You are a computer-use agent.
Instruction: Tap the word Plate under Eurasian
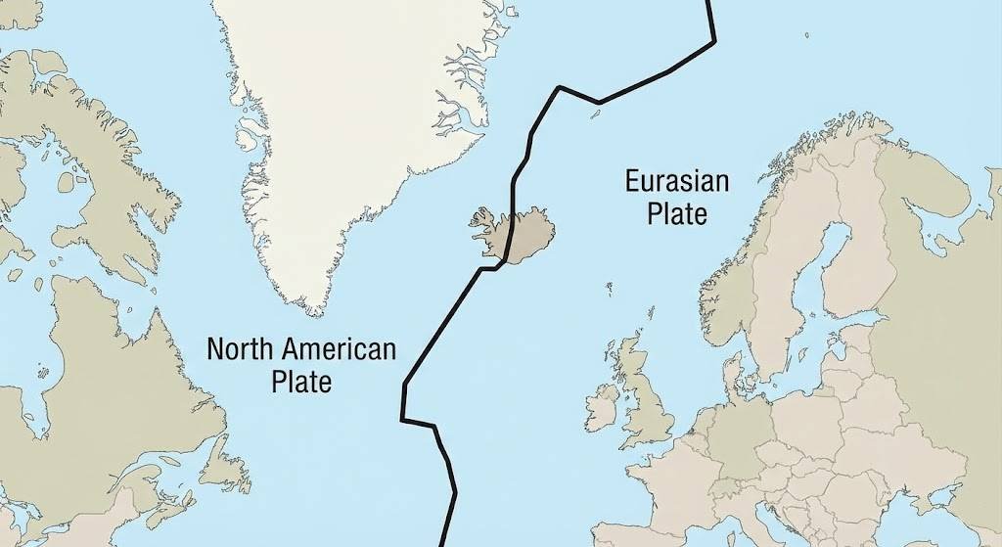point(677,213)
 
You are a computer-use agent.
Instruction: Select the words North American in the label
point(301,349)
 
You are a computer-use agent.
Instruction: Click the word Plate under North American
point(301,381)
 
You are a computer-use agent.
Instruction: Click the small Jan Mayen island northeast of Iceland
point(593,114)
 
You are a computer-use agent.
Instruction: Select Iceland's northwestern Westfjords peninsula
point(481,217)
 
